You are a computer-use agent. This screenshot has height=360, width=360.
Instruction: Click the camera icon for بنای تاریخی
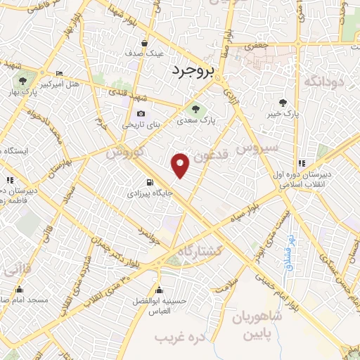pyautogui.click(x=141, y=113)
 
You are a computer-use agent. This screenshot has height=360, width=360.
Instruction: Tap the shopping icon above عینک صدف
pyautogui.click(x=144, y=42)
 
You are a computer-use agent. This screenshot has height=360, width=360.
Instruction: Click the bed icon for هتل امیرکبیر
pyautogui.click(x=60, y=74)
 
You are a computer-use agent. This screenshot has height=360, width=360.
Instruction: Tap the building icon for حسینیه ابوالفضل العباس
pyautogui.click(x=160, y=290)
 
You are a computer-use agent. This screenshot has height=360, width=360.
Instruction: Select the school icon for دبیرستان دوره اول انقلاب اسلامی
pyautogui.click(x=302, y=162)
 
